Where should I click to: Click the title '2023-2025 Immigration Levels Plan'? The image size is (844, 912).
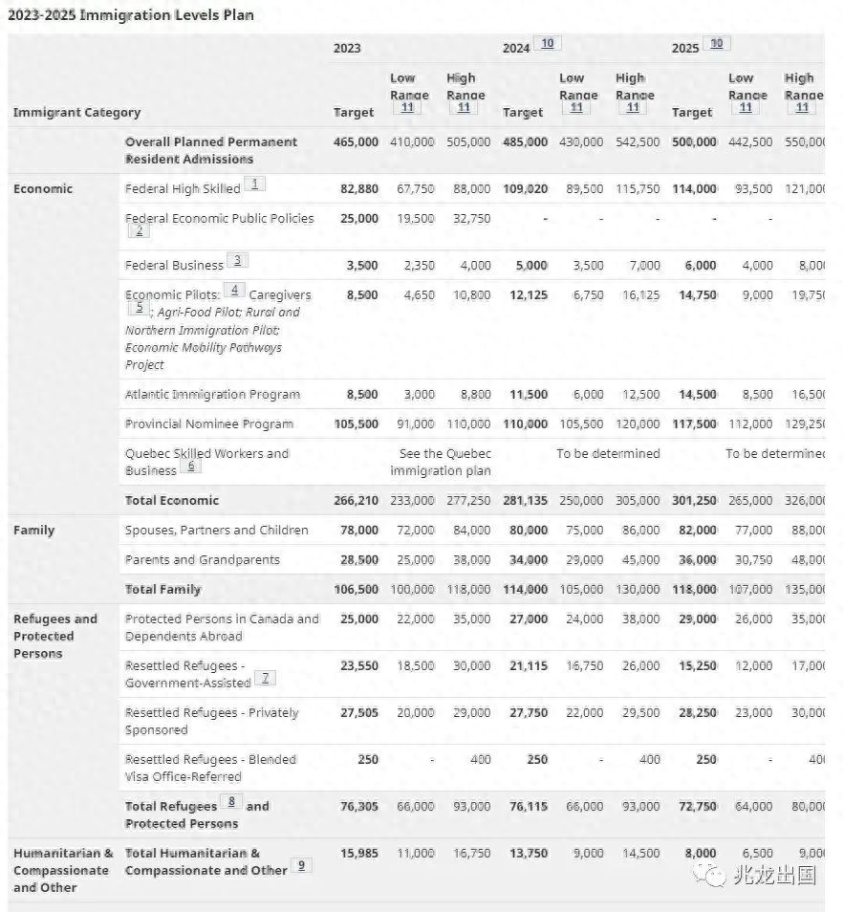click(x=131, y=15)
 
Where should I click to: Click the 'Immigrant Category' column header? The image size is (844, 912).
click(x=76, y=113)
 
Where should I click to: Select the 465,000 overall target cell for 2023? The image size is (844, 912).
click(x=356, y=141)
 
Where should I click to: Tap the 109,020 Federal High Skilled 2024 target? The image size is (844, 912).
click(x=525, y=188)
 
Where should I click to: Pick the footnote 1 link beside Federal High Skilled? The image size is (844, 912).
click(x=255, y=184)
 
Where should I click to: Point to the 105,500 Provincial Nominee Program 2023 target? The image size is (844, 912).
click(x=356, y=423)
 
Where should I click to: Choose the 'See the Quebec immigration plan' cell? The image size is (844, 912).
click(x=441, y=462)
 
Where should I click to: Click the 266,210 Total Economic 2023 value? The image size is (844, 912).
click(x=356, y=500)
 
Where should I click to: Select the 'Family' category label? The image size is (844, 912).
click(x=34, y=531)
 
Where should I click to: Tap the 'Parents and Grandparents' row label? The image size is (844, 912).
click(x=203, y=559)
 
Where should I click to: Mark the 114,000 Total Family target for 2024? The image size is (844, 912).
click(x=525, y=589)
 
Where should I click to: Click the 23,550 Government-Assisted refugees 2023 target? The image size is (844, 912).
click(x=358, y=665)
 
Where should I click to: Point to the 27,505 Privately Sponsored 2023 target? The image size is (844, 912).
click(x=358, y=712)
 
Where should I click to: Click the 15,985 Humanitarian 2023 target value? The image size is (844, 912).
click(x=358, y=853)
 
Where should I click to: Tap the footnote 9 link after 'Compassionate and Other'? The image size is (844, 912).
click(x=302, y=865)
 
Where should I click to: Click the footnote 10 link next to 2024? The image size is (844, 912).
click(x=547, y=43)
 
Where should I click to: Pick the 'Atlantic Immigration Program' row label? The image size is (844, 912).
click(x=212, y=394)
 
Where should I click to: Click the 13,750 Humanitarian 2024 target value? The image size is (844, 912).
click(x=528, y=853)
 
